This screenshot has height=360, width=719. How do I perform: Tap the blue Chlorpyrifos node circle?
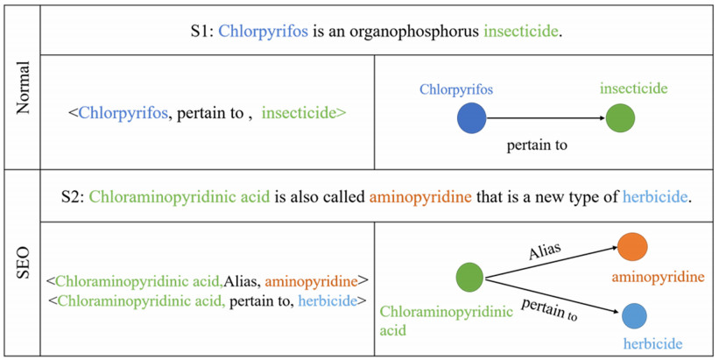pos(471,117)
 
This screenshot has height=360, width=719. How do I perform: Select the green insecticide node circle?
pos(620,117)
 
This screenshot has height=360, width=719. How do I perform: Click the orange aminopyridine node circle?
pos(632,247)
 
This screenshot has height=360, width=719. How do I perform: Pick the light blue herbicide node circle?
pos(634,315)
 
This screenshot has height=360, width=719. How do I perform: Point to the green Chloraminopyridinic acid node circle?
pos(470,278)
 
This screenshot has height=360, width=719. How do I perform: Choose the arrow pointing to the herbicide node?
pos(552,296)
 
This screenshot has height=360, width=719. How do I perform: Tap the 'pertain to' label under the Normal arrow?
pos(537,145)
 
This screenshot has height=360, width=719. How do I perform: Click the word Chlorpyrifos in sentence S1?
pos(263,32)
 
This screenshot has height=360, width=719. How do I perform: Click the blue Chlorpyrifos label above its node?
pos(455,89)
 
